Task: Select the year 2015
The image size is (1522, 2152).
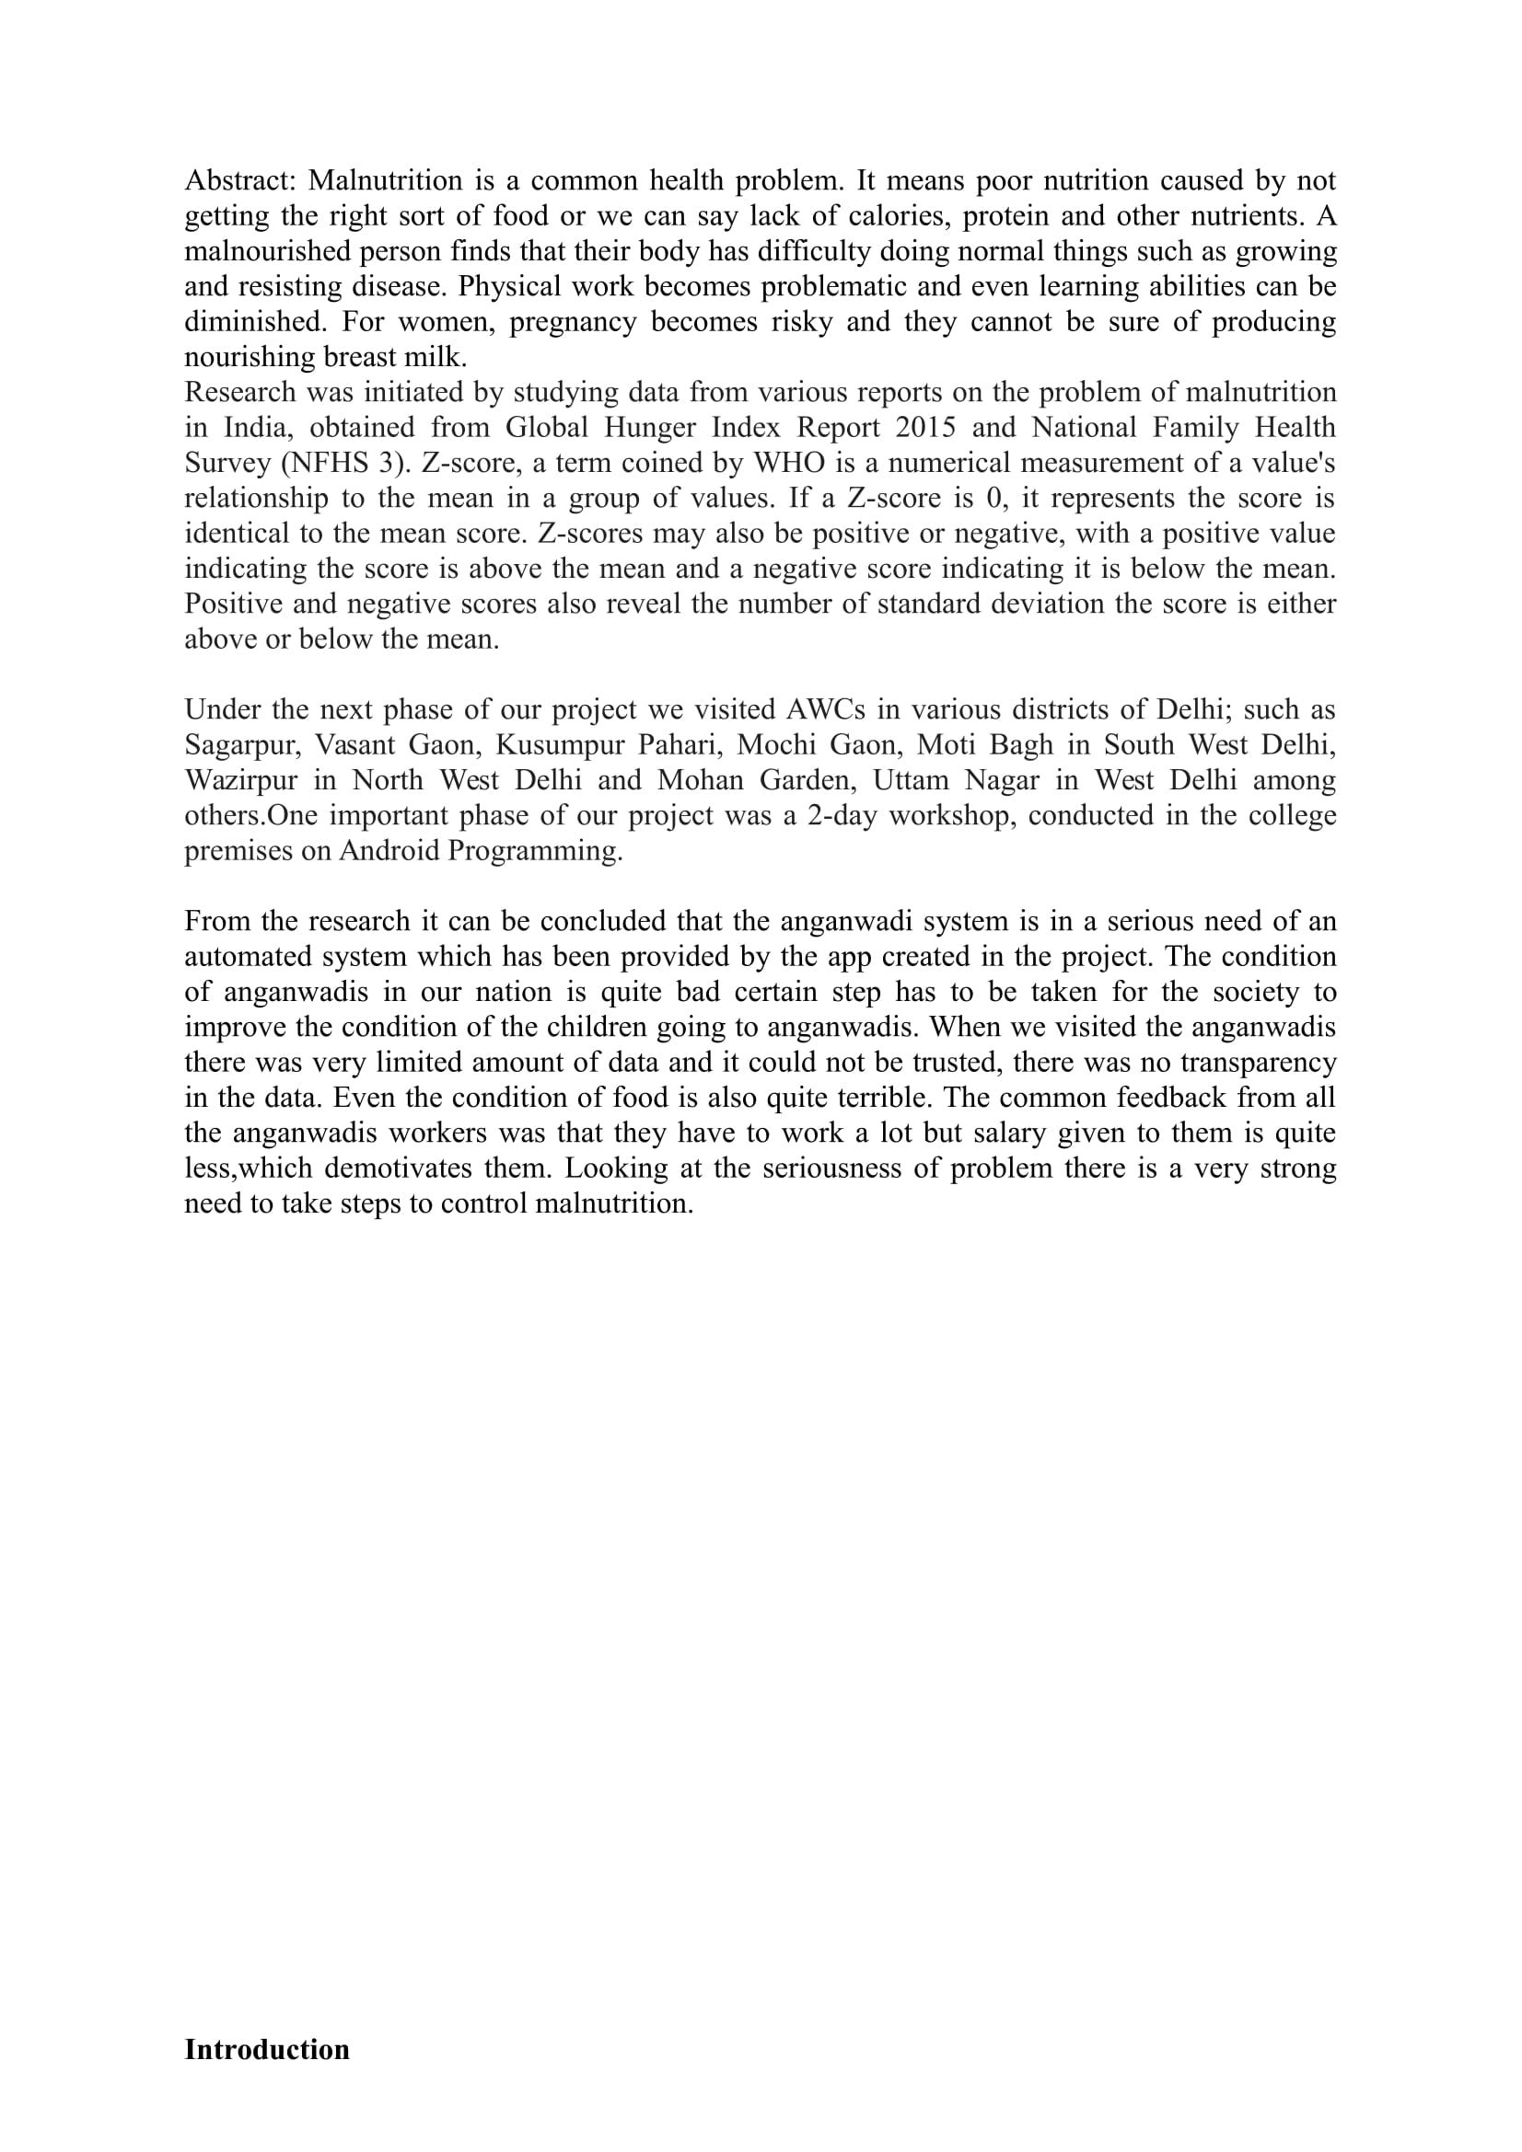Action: [924, 428]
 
